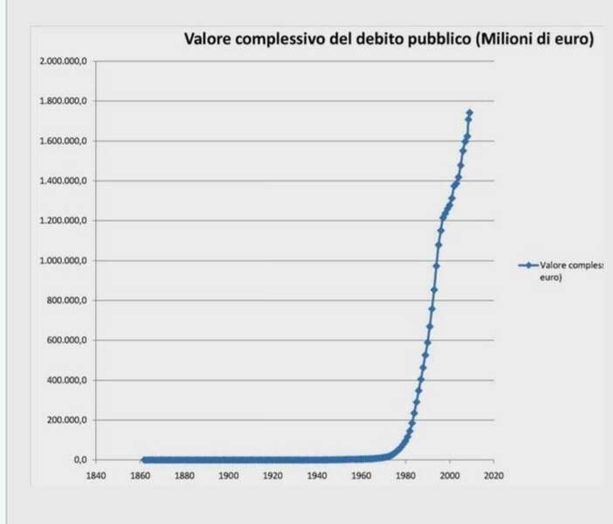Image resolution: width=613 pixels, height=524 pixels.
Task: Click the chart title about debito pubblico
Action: [387, 39]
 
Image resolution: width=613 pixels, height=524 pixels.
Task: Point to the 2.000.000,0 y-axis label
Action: [63, 61]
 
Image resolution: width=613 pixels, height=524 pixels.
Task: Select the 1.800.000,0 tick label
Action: [63, 101]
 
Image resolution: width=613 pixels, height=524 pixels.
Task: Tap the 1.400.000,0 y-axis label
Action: [63, 181]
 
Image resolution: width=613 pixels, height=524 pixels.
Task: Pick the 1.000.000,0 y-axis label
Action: [63, 260]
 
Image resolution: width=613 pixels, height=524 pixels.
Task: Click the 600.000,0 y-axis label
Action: [66, 340]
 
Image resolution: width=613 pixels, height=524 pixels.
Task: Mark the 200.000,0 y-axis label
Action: [66, 420]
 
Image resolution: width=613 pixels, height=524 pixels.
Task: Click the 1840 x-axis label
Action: [95, 476]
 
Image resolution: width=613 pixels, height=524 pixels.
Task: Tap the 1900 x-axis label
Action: [228, 476]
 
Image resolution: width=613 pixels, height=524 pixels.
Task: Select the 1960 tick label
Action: [361, 476]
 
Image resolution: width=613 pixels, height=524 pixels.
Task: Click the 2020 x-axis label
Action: [493, 476]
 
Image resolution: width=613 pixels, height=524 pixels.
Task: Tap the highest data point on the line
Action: [470, 113]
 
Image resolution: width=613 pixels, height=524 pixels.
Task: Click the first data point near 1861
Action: [142, 459]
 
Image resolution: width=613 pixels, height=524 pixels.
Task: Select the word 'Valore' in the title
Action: [207, 39]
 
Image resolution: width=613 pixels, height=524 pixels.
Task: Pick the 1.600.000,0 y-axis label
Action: [63, 141]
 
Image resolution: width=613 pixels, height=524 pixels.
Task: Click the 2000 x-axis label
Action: [449, 476]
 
